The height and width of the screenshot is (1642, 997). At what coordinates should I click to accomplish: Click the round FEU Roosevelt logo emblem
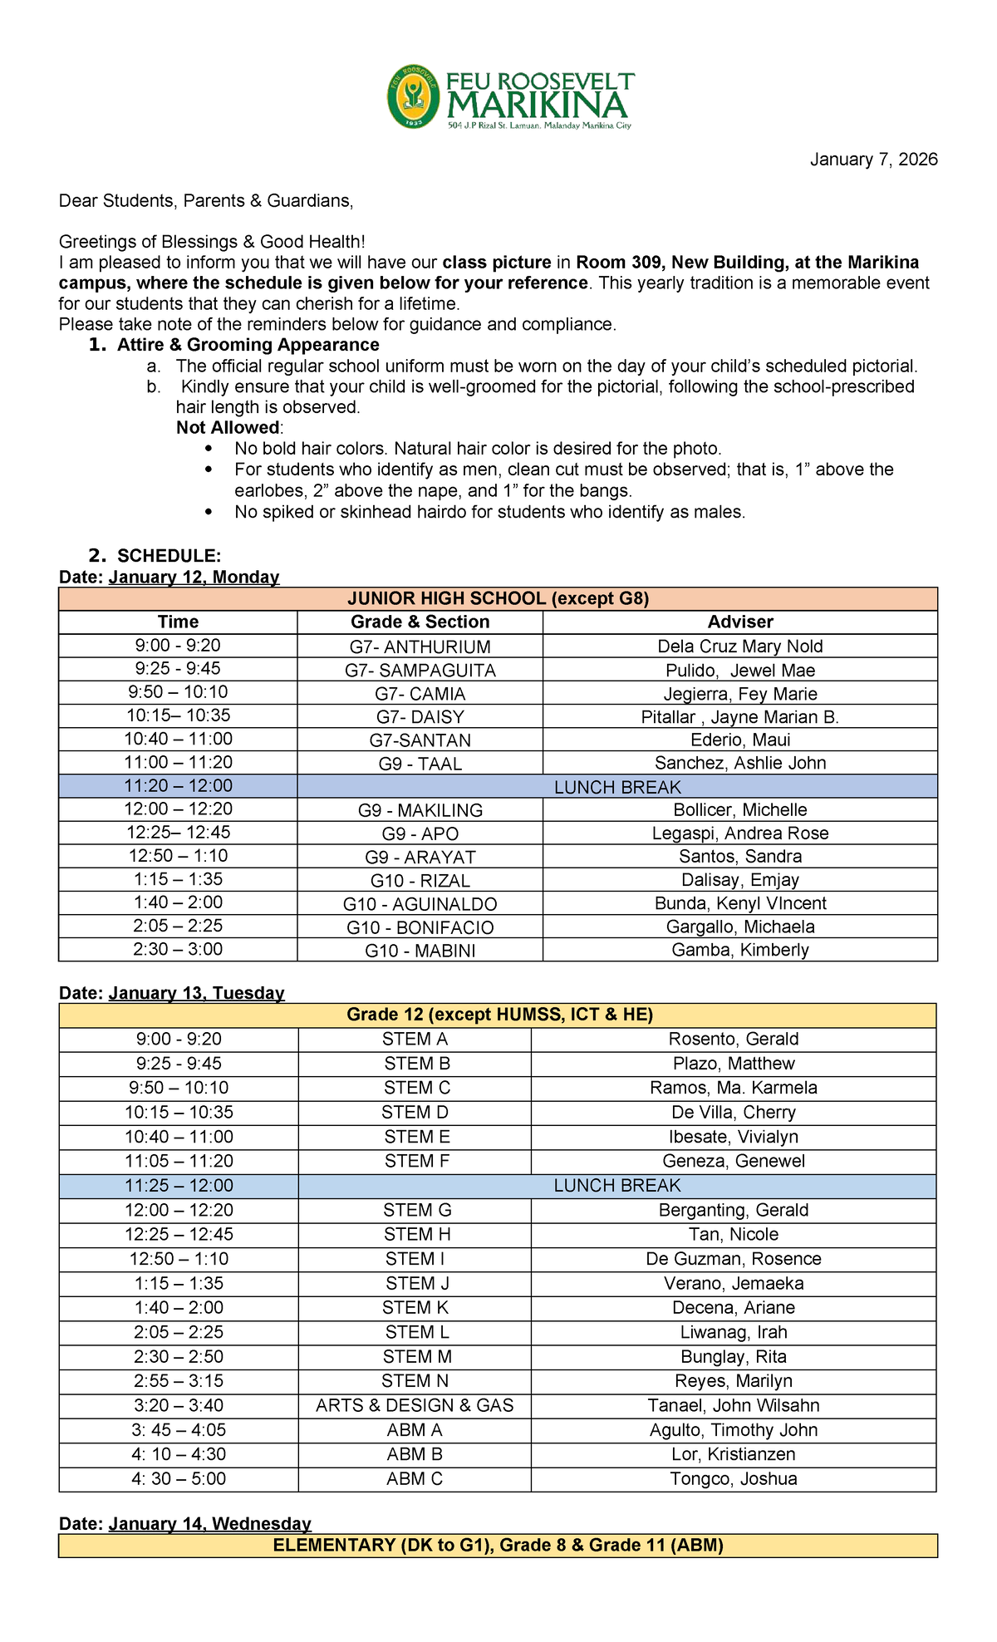413,96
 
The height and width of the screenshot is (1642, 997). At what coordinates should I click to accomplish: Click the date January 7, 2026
873,160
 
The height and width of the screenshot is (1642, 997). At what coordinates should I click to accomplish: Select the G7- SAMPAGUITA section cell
420,671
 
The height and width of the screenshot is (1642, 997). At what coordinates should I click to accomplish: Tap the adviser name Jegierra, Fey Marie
739,694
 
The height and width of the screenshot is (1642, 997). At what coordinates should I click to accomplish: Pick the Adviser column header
739,622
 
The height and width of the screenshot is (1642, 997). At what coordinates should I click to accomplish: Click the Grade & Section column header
420,622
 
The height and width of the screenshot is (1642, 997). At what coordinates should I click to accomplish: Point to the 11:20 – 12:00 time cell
178,786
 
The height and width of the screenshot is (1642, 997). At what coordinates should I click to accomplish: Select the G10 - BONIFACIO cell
420,927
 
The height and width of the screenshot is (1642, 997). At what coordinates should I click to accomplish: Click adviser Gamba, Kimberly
739,950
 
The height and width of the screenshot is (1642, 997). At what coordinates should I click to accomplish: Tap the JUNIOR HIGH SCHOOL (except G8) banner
498,598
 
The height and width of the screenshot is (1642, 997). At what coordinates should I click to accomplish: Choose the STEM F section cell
416,1161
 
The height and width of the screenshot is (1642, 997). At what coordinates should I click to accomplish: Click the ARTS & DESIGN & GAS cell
415,1405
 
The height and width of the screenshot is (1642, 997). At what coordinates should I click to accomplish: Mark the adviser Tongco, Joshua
734,1478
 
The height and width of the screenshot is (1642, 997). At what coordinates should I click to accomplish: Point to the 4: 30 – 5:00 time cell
178,1478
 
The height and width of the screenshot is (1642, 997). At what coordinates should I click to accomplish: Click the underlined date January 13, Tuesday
196,993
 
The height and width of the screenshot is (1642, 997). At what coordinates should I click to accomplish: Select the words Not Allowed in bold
228,428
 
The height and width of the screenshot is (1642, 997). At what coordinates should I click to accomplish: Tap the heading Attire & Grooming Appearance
248,345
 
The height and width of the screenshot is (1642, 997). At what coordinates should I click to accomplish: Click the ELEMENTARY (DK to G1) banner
498,1545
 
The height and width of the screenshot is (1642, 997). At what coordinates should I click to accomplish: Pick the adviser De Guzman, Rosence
734,1259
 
